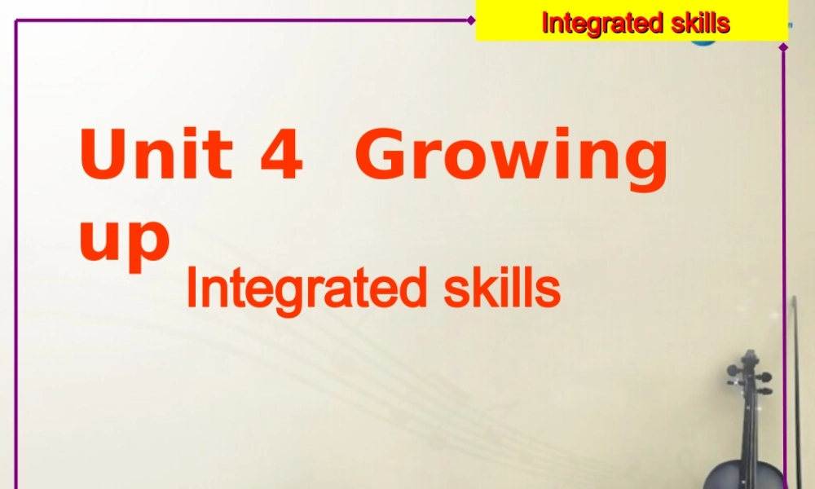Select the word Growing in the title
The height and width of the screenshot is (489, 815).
[x=511, y=159]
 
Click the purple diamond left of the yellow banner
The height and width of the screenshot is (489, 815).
[x=471, y=20]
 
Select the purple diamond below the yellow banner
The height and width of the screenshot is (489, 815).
[x=783, y=47]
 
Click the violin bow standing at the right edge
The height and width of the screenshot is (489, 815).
[x=795, y=383]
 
